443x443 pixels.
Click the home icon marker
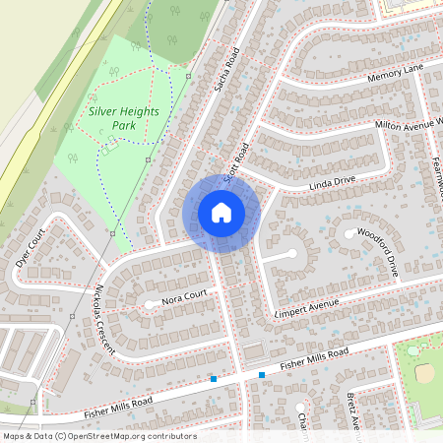tap(221, 213)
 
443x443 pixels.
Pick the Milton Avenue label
tap(409, 123)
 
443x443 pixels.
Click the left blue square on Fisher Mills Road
tap(213, 378)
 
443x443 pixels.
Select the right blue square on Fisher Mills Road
tap(262, 374)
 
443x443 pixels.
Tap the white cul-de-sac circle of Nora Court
tap(150, 304)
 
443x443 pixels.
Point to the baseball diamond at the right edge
tap(425, 372)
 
